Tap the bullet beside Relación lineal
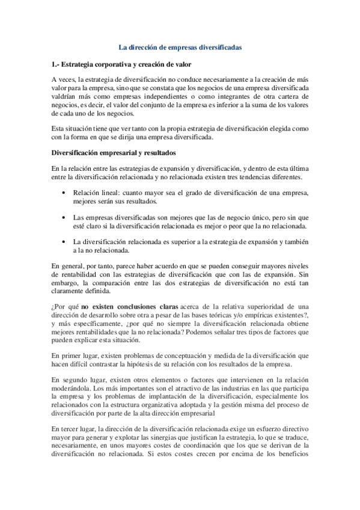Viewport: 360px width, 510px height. click(x=64, y=192)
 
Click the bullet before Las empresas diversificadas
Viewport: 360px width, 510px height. click(x=64, y=217)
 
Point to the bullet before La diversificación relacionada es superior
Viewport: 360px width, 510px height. click(x=64, y=242)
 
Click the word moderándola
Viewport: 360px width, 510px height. click(x=72, y=389)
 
